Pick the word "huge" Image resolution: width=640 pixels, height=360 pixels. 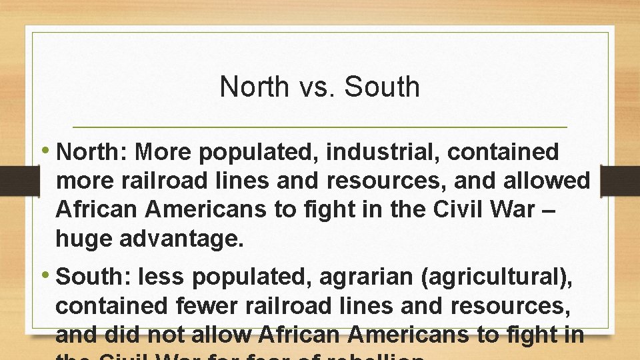tap(84, 239)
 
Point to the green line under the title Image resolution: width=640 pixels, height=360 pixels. tap(319, 127)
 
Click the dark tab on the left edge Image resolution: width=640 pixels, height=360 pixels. tap(13, 181)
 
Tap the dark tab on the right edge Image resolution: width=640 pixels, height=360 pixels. tap(619, 181)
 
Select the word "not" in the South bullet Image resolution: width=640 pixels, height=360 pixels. tap(166, 335)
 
